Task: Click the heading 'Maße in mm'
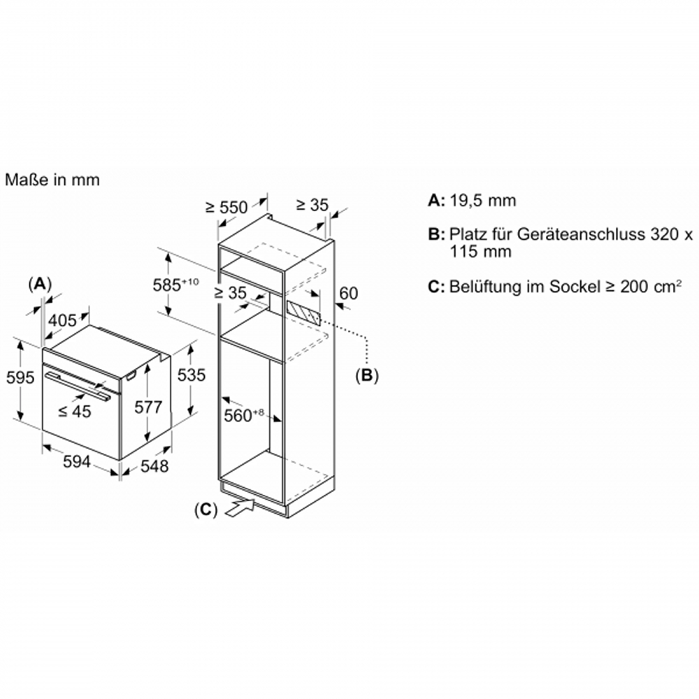[x=52, y=180]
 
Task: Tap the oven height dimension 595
[x=20, y=377]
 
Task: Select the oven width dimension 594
[x=77, y=462]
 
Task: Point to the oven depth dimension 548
[x=154, y=466]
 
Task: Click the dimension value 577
[x=148, y=407]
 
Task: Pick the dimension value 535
[x=192, y=375]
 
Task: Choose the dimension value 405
[x=62, y=320]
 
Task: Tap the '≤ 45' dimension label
[x=75, y=411]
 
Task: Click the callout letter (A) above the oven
[x=40, y=284]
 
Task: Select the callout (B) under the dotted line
[x=366, y=376]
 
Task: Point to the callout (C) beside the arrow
[x=206, y=510]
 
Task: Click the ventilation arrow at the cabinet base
[x=240, y=507]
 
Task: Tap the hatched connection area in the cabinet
[x=303, y=312]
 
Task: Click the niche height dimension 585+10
[x=175, y=284]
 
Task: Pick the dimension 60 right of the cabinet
[x=349, y=294]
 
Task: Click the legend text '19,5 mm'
[x=482, y=201]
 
